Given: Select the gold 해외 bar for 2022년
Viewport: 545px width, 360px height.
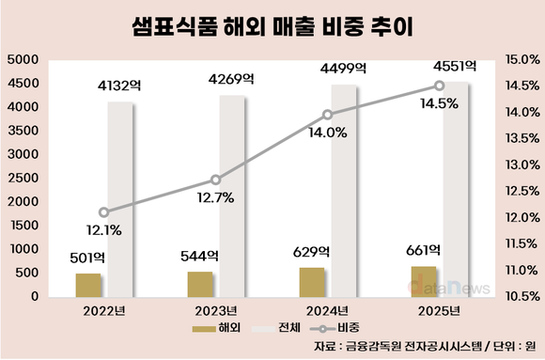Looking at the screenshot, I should point(88,285).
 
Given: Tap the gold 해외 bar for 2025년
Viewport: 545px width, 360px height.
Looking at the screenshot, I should point(424,281).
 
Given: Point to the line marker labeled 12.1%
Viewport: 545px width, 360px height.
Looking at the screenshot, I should point(103,212).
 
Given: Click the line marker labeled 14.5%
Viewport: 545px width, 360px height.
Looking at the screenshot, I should point(439,86).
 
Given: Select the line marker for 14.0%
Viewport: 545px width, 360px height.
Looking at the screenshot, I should point(327,115).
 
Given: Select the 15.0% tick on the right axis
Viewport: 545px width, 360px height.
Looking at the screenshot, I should point(520,59).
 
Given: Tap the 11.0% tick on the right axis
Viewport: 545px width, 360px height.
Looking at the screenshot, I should point(520,271).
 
